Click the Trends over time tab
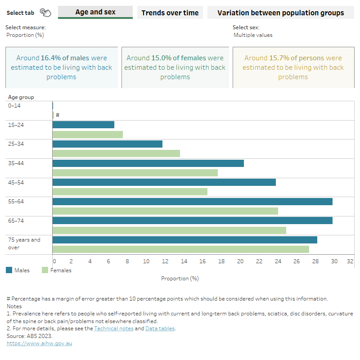170,13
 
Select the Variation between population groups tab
280,13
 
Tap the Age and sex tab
95,12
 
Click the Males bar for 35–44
148,163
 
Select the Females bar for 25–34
116,153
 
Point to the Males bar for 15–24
83,125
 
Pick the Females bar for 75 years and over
180,249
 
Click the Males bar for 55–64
192,202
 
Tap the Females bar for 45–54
130,192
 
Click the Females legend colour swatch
45,270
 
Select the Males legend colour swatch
9,270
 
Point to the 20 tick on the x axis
240,261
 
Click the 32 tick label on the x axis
350,261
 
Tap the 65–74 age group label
17,221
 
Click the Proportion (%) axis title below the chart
180,279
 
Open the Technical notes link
113,328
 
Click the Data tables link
160,328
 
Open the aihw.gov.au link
39,343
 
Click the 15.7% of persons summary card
293,67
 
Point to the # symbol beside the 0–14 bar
58,115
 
